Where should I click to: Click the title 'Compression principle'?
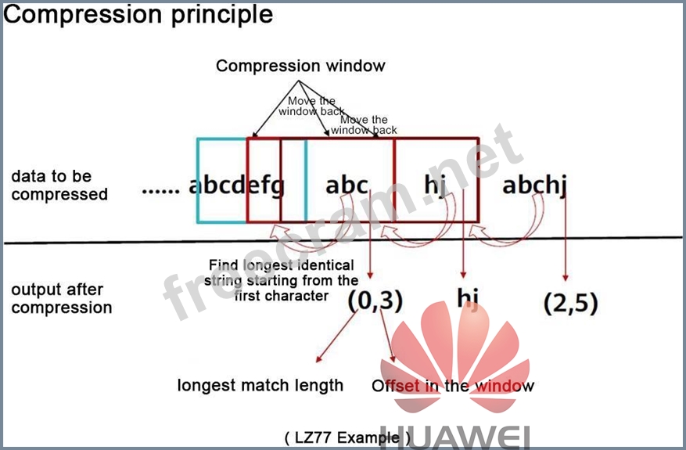click(138, 14)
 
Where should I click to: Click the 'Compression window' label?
click(300, 66)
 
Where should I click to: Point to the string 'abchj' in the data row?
click(534, 185)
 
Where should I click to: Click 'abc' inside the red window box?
click(347, 185)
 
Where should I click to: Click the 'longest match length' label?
click(260, 385)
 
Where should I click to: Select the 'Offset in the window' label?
click(453, 386)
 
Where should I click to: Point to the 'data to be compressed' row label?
click(59, 185)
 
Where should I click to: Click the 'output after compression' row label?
click(62, 299)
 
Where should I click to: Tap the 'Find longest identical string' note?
click(281, 280)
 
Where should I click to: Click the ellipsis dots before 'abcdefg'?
click(162, 189)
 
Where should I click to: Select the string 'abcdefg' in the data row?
click(237, 185)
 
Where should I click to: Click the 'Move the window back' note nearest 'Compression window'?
click(311, 106)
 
